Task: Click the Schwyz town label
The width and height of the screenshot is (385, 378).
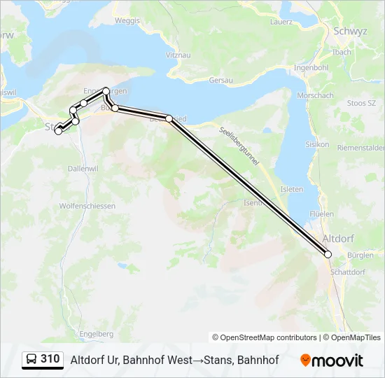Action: (332, 32)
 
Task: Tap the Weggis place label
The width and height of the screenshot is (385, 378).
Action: (127, 21)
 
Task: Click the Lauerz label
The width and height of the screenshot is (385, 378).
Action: (281, 22)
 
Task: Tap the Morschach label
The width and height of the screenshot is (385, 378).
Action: (315, 95)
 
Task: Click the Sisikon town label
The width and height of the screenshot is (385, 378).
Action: (317, 144)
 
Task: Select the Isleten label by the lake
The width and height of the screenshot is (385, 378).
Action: (292, 189)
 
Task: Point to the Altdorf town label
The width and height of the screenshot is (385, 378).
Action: (338, 239)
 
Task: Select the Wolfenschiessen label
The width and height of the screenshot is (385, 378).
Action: (87, 206)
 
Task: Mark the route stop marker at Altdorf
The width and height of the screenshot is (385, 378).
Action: (328, 255)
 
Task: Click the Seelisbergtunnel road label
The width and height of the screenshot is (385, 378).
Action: (239, 146)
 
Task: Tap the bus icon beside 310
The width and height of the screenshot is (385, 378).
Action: (31, 360)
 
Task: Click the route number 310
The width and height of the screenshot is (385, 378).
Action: (50, 359)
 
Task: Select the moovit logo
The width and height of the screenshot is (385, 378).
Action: (332, 360)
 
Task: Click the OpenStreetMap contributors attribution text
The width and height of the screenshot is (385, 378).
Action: (265, 337)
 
